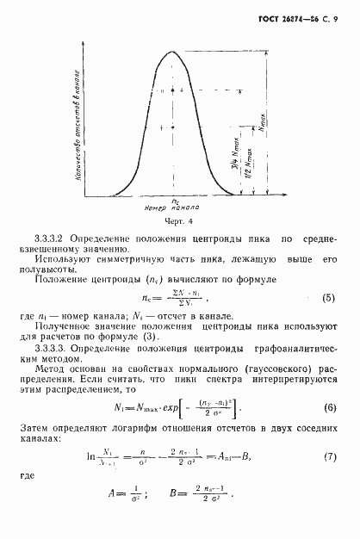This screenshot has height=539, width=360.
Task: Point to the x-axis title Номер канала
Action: point(174,208)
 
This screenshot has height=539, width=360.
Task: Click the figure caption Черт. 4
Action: point(175,220)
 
